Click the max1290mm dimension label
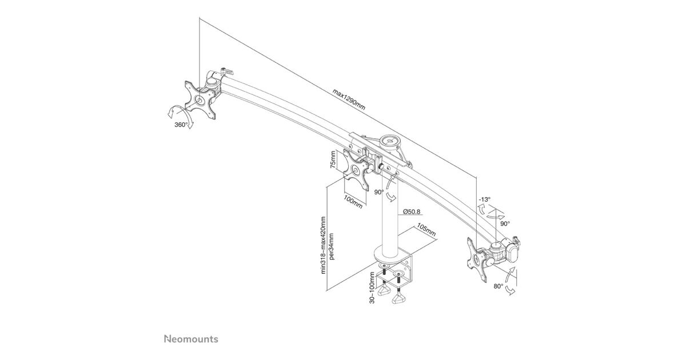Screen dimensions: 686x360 click(x=349, y=99)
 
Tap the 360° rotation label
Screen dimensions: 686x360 click(x=181, y=125)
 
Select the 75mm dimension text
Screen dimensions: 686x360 click(x=333, y=161)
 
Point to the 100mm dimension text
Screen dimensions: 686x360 click(x=353, y=202)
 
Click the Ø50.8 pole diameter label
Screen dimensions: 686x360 click(x=412, y=211)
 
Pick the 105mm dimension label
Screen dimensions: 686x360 click(x=426, y=230)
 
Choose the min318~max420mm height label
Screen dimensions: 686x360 click(x=324, y=245)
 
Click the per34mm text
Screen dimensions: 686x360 click(x=332, y=246)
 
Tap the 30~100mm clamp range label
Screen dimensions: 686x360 click(x=372, y=287)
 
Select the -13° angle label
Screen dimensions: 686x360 click(x=485, y=199)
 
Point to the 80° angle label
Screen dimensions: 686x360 click(x=498, y=286)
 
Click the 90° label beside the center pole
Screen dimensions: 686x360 click(x=379, y=192)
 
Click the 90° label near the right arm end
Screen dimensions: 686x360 click(x=505, y=223)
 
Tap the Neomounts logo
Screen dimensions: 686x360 click(x=191, y=339)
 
